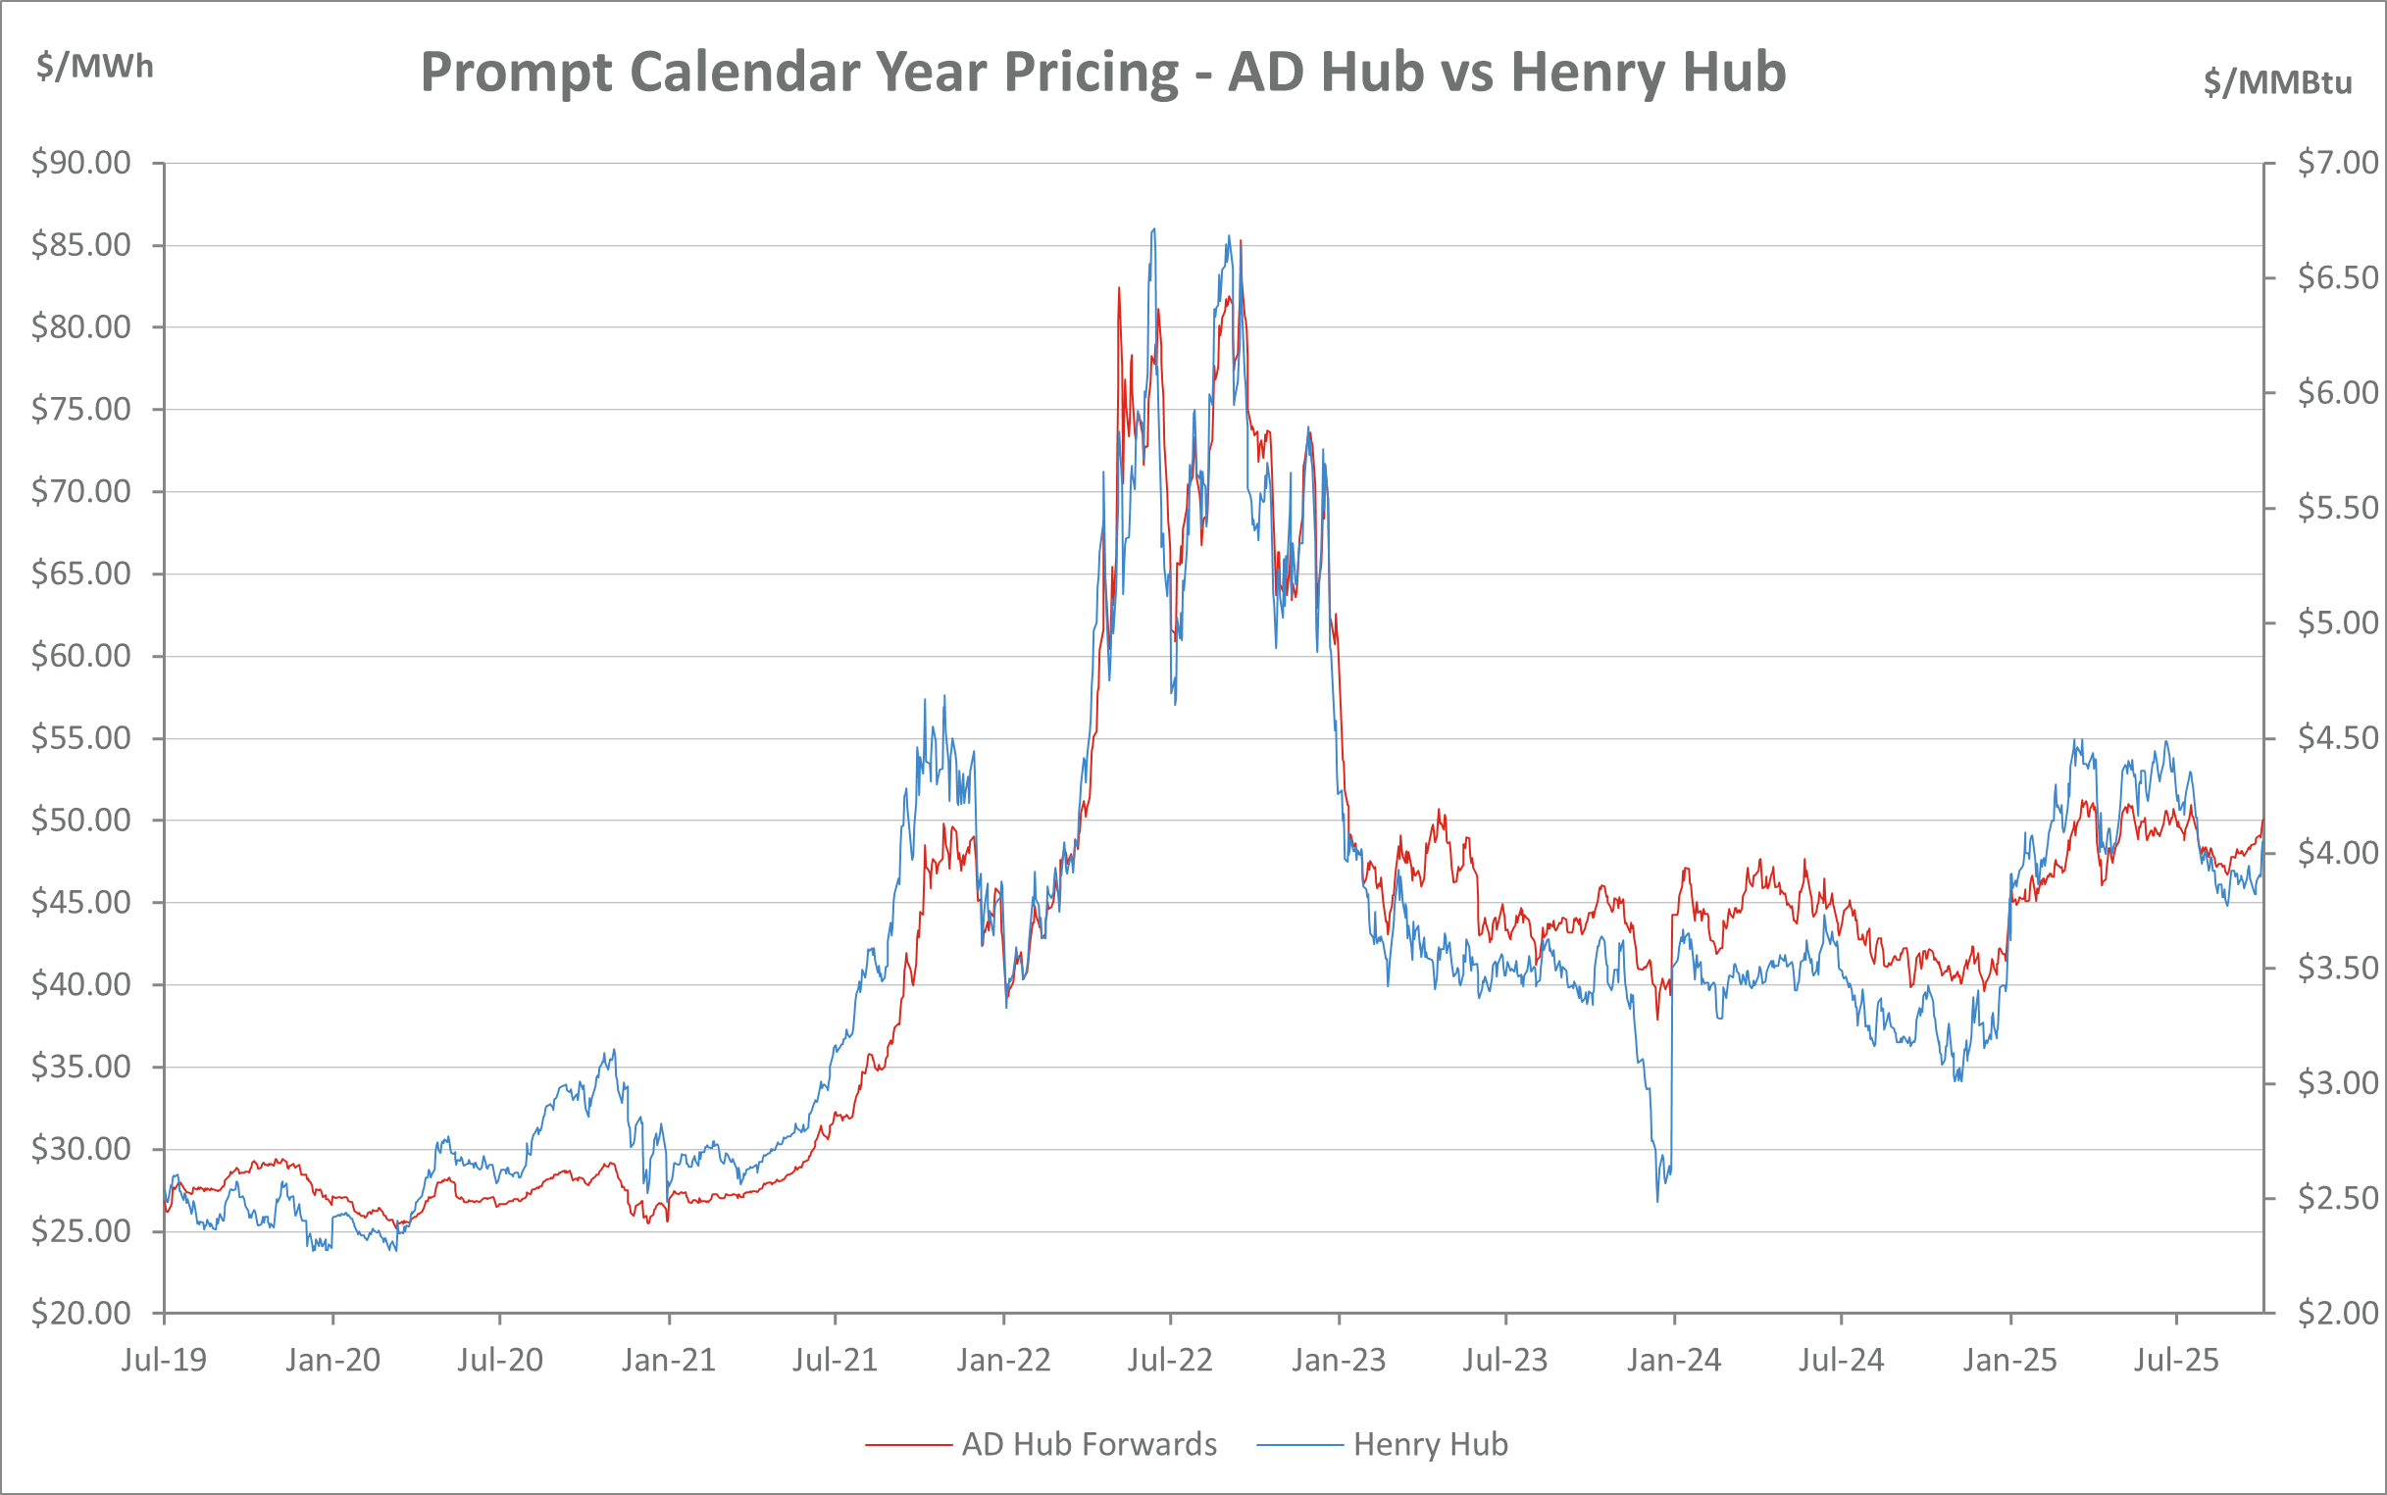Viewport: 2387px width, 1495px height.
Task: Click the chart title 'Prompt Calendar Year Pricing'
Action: pyautogui.click(x=799, y=73)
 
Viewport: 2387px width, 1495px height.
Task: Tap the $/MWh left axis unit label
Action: pyautogui.click(x=95, y=67)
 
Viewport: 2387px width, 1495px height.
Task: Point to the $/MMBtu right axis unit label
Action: pyautogui.click(x=2277, y=82)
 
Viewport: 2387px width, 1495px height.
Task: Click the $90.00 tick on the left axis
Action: pyautogui.click(x=81, y=162)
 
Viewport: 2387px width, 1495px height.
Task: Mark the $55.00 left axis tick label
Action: pyautogui.click(x=81, y=737)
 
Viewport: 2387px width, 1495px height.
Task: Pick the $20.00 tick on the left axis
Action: pyautogui.click(x=81, y=1313)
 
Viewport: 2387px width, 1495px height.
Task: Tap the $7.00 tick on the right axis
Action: pyautogui.click(x=2338, y=162)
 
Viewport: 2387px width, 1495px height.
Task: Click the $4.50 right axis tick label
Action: pyautogui.click(x=2338, y=737)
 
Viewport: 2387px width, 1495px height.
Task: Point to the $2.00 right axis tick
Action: pyautogui.click(x=2338, y=1313)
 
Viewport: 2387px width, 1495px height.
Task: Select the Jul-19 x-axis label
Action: pyautogui.click(x=164, y=1361)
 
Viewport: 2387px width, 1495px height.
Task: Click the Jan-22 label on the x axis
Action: pyautogui.click(x=1003, y=1361)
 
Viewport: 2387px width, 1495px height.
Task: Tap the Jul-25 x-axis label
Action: pyautogui.click(x=2176, y=1361)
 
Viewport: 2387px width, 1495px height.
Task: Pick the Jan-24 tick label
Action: pyautogui.click(x=1674, y=1361)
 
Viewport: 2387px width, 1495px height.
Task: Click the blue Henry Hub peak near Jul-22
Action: pyautogui.click(x=1154, y=230)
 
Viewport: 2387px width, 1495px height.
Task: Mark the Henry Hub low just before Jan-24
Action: pyautogui.click(x=1657, y=1200)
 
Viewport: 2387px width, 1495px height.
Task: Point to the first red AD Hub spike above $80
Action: pyautogui.click(x=1119, y=289)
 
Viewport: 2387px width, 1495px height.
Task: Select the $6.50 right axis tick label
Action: pyautogui.click(x=2338, y=277)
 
